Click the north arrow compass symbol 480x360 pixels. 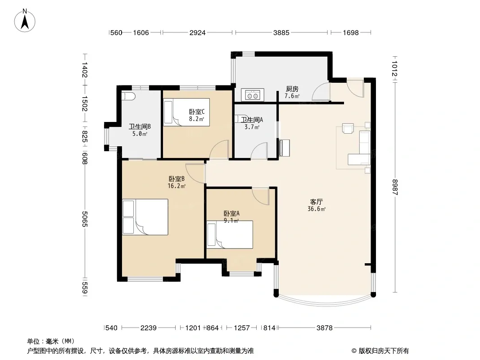(x=25, y=20)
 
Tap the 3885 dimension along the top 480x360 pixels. (x=281, y=32)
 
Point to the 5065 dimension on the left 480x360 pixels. (x=85, y=219)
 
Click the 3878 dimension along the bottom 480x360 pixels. (x=325, y=328)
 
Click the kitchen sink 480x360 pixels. (x=252, y=95)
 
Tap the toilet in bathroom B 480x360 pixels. (x=128, y=96)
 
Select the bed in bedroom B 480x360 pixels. (x=145, y=217)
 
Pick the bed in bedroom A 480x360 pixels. (x=230, y=234)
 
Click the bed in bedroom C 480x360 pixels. (x=186, y=112)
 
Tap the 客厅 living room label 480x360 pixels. (x=316, y=202)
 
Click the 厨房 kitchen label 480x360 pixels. (x=292, y=89)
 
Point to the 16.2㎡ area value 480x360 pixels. (x=177, y=186)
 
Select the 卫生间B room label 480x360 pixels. (x=140, y=126)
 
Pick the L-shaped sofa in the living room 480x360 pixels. (x=360, y=148)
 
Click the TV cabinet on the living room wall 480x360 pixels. (x=284, y=148)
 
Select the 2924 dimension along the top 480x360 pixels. (x=198, y=32)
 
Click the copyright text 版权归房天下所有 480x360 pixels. (x=384, y=351)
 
